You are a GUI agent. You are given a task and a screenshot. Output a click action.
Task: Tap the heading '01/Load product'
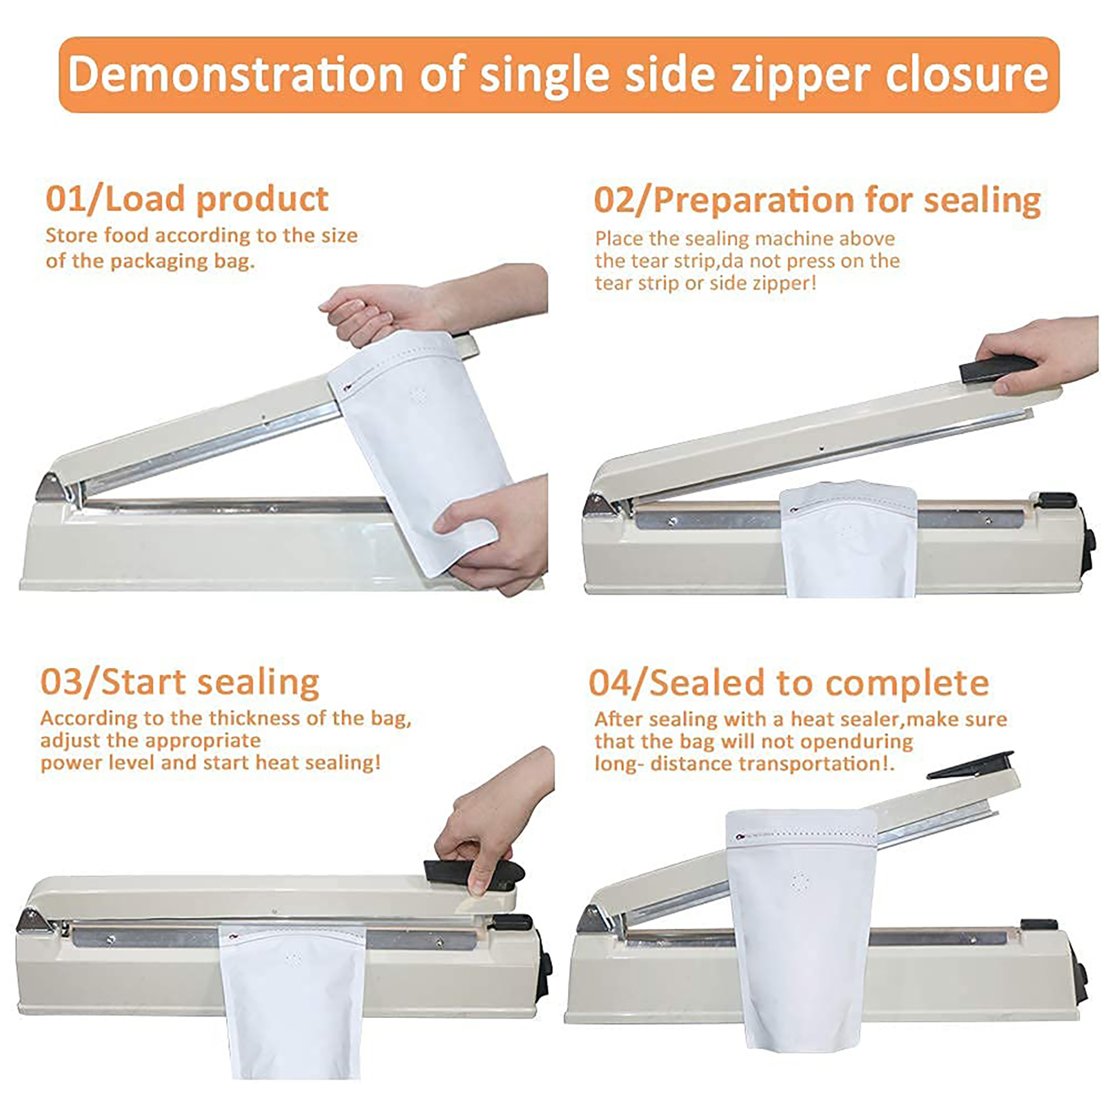pyautogui.click(x=187, y=199)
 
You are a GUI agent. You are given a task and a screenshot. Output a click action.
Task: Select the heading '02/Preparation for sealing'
pyautogui.click(x=817, y=201)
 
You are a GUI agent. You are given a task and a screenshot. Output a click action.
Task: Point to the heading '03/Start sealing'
pyautogui.click(x=180, y=682)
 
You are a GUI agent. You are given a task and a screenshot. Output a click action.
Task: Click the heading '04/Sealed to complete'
pyautogui.click(x=789, y=683)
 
